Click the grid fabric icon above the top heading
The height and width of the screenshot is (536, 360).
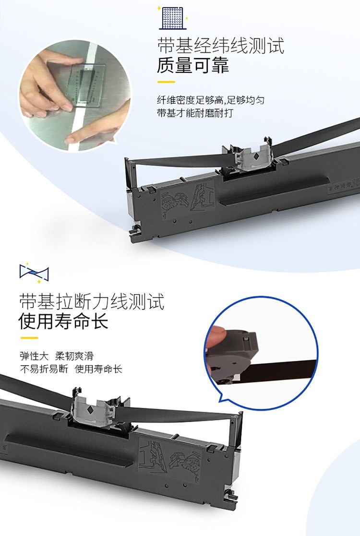173,17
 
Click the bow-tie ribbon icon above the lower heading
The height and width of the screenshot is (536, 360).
34,273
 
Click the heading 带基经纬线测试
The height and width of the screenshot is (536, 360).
220,46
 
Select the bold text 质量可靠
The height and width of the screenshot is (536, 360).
193,65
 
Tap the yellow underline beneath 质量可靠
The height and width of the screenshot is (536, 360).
166,82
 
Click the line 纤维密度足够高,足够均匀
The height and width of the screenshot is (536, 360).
211,100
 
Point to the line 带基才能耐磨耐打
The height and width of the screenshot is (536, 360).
195,113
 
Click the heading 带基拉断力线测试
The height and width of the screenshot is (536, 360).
92,301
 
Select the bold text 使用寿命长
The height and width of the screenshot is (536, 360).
63,321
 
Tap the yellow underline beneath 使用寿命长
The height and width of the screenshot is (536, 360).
29,338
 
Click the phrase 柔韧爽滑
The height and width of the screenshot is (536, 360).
74,356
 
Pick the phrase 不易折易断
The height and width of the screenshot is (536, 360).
44,369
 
